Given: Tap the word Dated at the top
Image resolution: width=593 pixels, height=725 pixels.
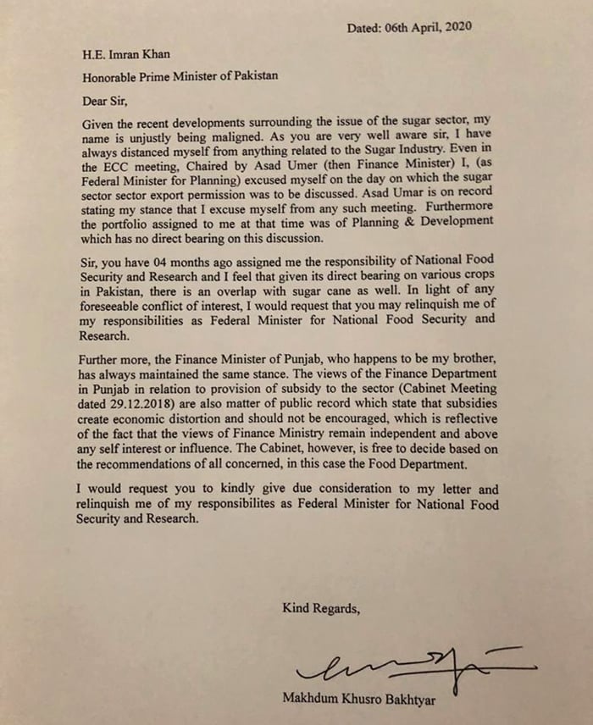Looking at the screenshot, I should (366, 27).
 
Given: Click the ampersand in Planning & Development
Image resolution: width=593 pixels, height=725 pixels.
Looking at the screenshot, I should (401, 219).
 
